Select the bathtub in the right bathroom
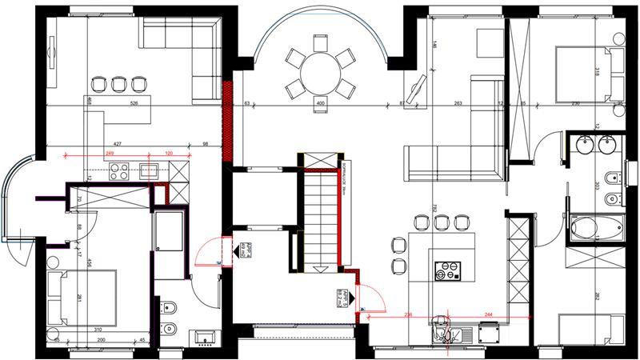(596, 228)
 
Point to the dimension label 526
(134, 103)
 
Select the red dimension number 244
(488, 314)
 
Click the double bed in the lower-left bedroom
(80, 297)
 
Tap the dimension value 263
(459, 103)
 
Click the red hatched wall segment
(229, 120)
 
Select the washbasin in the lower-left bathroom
(202, 338)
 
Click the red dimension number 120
(170, 153)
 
